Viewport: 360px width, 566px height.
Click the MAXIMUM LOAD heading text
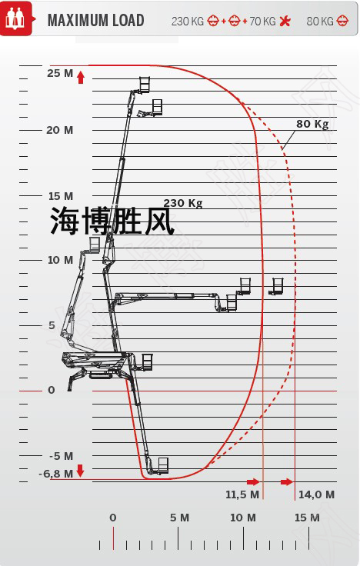(x=95, y=21)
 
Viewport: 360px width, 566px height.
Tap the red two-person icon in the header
(x=16, y=18)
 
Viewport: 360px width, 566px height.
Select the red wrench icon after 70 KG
(x=285, y=21)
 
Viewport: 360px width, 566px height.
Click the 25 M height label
(x=60, y=73)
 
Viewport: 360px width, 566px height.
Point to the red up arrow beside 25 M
(x=81, y=77)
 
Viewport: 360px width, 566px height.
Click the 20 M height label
(x=59, y=130)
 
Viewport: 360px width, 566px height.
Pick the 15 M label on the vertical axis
(x=61, y=196)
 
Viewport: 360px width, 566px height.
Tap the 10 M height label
(x=60, y=260)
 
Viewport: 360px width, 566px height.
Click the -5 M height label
(x=61, y=456)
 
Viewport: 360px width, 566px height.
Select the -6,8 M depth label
(x=56, y=474)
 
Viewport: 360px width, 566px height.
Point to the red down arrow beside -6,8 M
(x=81, y=471)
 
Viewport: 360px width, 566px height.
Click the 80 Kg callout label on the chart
(x=312, y=124)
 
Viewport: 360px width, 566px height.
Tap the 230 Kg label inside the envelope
(x=183, y=203)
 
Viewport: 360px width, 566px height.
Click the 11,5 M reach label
(x=242, y=494)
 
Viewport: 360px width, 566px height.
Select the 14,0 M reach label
(x=316, y=494)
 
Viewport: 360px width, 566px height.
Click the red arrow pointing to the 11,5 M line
(x=253, y=481)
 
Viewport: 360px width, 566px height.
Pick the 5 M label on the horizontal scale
(x=179, y=518)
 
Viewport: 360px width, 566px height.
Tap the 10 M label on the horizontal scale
(x=242, y=518)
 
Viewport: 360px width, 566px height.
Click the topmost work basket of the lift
(x=145, y=84)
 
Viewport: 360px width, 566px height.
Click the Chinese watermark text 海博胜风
(x=112, y=221)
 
